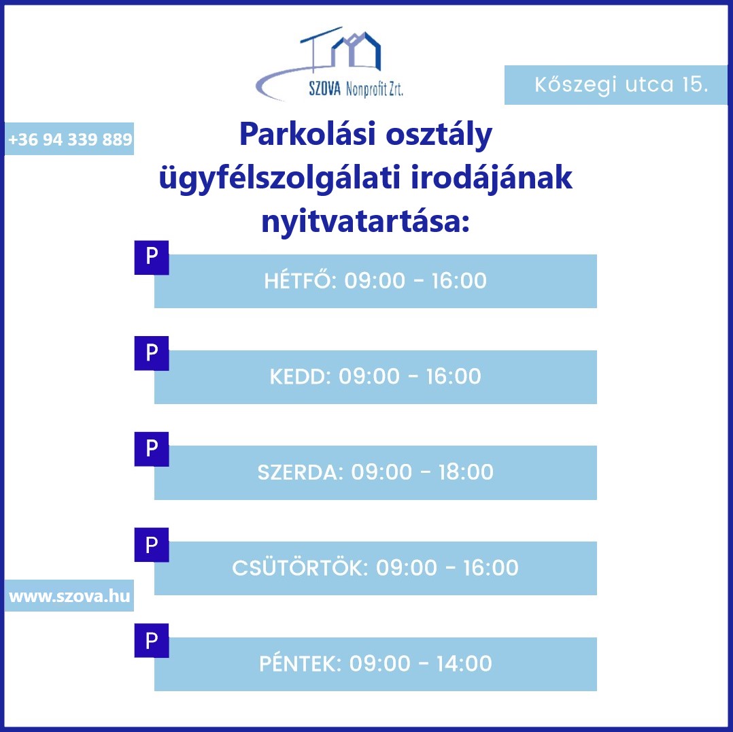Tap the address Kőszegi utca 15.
(x=621, y=84)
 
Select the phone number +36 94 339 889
(x=70, y=139)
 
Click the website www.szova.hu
(x=69, y=596)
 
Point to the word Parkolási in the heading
(x=307, y=134)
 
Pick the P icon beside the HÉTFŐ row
(x=152, y=257)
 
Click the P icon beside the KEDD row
(x=152, y=353)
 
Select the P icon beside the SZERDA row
(x=152, y=449)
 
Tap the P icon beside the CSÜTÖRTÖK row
(x=152, y=545)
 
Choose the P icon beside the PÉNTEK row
(x=152, y=640)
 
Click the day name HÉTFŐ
(x=298, y=280)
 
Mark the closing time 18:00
(x=466, y=472)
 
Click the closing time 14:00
(x=464, y=663)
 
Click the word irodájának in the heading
(x=492, y=178)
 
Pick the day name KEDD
(x=297, y=376)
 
